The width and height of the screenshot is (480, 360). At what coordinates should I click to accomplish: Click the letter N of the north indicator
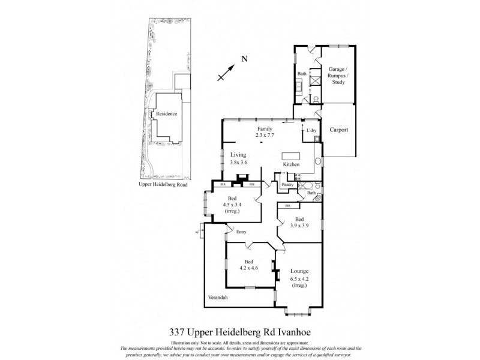click(x=244, y=59)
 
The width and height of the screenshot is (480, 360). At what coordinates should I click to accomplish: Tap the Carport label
click(x=339, y=130)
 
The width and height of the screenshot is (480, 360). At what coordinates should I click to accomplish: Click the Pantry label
click(x=288, y=185)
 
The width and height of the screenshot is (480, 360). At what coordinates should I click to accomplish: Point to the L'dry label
click(x=311, y=130)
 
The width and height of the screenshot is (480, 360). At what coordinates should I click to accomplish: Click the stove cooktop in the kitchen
click(x=296, y=176)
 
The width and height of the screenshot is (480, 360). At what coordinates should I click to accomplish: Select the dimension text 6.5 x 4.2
click(x=299, y=280)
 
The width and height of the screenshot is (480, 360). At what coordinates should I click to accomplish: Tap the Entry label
click(x=241, y=232)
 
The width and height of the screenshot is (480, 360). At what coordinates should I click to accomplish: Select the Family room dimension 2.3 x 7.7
click(x=265, y=136)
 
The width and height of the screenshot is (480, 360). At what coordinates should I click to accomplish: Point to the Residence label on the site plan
click(x=166, y=114)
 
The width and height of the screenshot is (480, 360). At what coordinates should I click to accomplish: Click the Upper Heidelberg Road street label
click(x=163, y=185)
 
